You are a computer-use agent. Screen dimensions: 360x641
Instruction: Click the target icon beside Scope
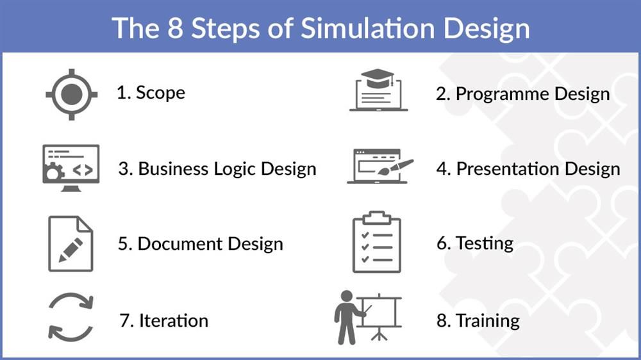[x=71, y=94]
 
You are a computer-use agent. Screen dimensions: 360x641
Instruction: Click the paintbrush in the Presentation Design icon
[x=401, y=165]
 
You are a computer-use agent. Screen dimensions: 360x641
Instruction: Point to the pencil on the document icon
[x=71, y=249]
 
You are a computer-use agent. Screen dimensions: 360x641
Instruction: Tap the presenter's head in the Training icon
[x=347, y=297]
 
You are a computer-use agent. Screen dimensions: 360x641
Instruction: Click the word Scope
[x=160, y=93]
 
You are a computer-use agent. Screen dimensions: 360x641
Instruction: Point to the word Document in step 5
[x=174, y=244]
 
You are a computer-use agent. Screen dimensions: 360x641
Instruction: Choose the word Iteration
[x=173, y=320]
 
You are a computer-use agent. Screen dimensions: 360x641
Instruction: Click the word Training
[x=487, y=320]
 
